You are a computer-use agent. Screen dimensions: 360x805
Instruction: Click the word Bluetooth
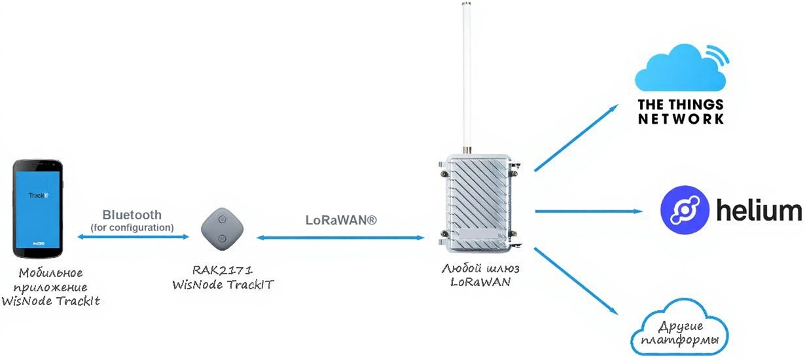click(132, 215)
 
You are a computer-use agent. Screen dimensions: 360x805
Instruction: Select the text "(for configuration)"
click(132, 227)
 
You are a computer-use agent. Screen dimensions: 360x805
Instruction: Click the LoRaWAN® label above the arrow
click(341, 221)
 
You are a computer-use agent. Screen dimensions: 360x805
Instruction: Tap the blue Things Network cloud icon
click(680, 68)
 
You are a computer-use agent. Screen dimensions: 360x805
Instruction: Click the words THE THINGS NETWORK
click(681, 112)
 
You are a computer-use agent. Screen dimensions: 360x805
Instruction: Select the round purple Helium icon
click(685, 210)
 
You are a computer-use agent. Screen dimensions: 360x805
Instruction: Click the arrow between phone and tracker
click(132, 237)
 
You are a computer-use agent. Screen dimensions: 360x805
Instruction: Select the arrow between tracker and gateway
click(341, 238)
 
